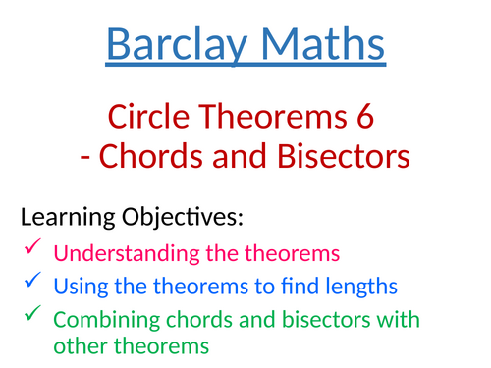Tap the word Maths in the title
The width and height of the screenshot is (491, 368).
(x=316, y=44)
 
